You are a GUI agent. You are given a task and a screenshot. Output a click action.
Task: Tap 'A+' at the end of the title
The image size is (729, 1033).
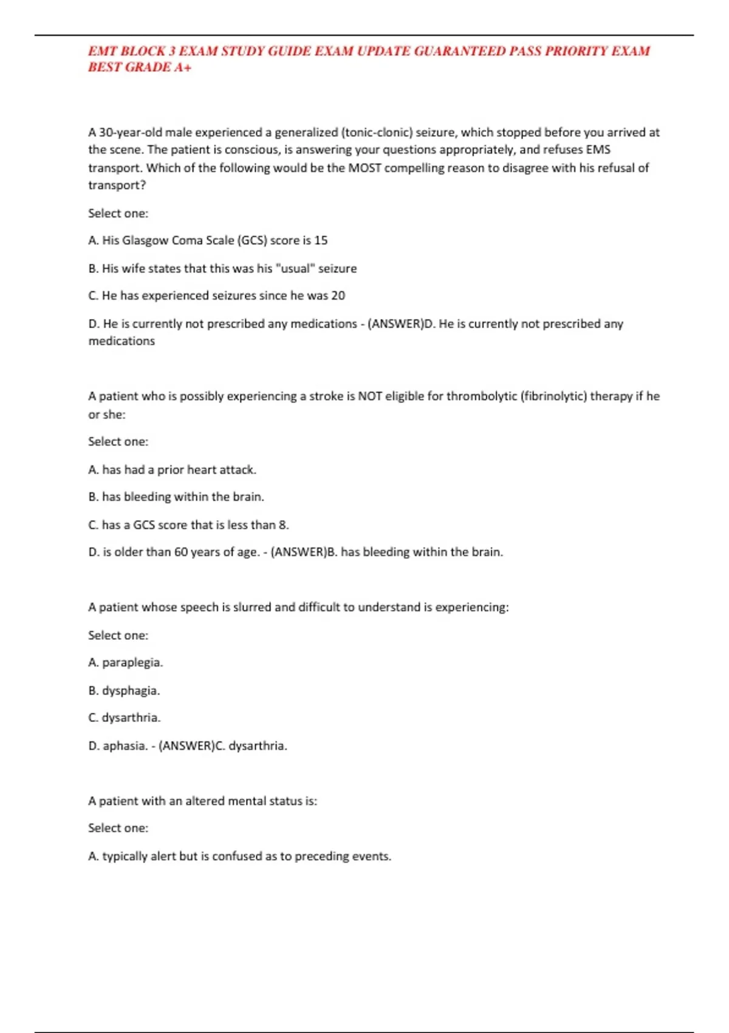(x=183, y=67)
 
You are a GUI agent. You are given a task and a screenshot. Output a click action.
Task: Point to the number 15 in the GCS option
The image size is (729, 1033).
(x=321, y=241)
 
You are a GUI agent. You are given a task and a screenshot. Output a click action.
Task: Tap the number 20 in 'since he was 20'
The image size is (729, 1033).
(x=338, y=296)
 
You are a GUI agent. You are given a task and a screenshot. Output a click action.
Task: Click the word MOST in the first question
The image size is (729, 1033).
(x=364, y=168)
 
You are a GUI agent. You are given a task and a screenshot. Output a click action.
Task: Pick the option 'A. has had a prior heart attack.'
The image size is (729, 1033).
(x=173, y=470)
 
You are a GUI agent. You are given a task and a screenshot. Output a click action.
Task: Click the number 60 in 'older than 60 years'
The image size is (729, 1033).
(x=181, y=552)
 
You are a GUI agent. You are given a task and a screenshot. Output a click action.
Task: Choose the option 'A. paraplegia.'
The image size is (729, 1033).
(x=126, y=662)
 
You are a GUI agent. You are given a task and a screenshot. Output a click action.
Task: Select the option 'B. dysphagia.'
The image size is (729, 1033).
(x=124, y=691)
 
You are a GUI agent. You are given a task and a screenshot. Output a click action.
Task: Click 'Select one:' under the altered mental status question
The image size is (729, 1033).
(x=118, y=828)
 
